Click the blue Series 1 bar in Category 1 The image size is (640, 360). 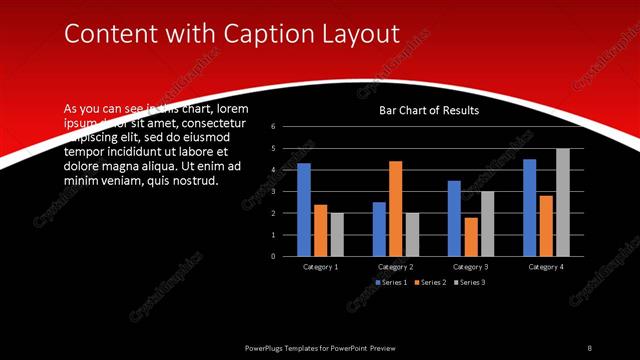click(x=304, y=209)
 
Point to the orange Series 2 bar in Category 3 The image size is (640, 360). click(x=470, y=236)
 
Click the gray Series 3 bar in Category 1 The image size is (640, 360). click(x=337, y=234)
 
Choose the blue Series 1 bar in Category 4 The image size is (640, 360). click(x=530, y=207)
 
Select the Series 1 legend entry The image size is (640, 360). click(x=392, y=283)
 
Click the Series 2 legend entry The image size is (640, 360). click(x=430, y=283)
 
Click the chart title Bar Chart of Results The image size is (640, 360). click(x=428, y=111)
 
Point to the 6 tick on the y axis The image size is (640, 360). click(x=273, y=127)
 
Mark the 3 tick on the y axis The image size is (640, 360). click(x=273, y=191)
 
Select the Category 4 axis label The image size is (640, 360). click(x=546, y=267)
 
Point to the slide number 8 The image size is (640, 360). click(x=589, y=347)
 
